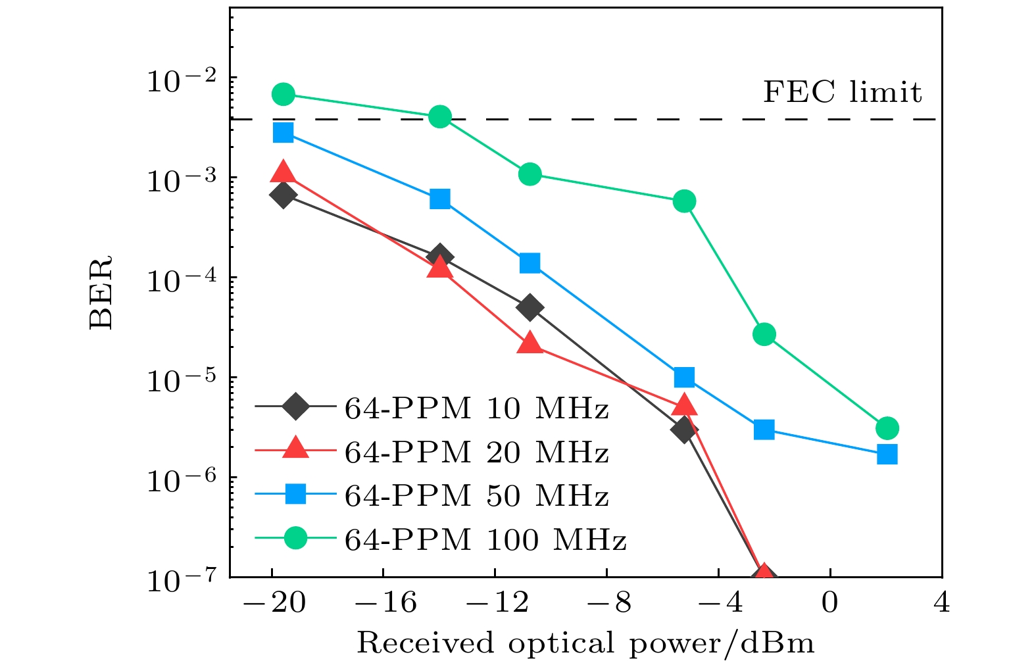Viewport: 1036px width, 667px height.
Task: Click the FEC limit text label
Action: (842, 92)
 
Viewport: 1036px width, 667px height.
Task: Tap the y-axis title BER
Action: (101, 292)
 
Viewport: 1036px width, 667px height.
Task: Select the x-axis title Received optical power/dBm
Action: (585, 643)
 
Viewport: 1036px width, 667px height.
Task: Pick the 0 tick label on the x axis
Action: (830, 602)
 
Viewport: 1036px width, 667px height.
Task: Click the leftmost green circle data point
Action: (283, 94)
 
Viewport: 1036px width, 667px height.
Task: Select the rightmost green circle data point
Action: (887, 428)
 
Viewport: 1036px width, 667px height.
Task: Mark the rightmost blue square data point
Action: (887, 454)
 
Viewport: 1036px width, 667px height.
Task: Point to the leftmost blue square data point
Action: (283, 132)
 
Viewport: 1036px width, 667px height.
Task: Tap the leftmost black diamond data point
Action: (283, 195)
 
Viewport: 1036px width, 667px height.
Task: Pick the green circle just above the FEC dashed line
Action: (440, 117)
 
